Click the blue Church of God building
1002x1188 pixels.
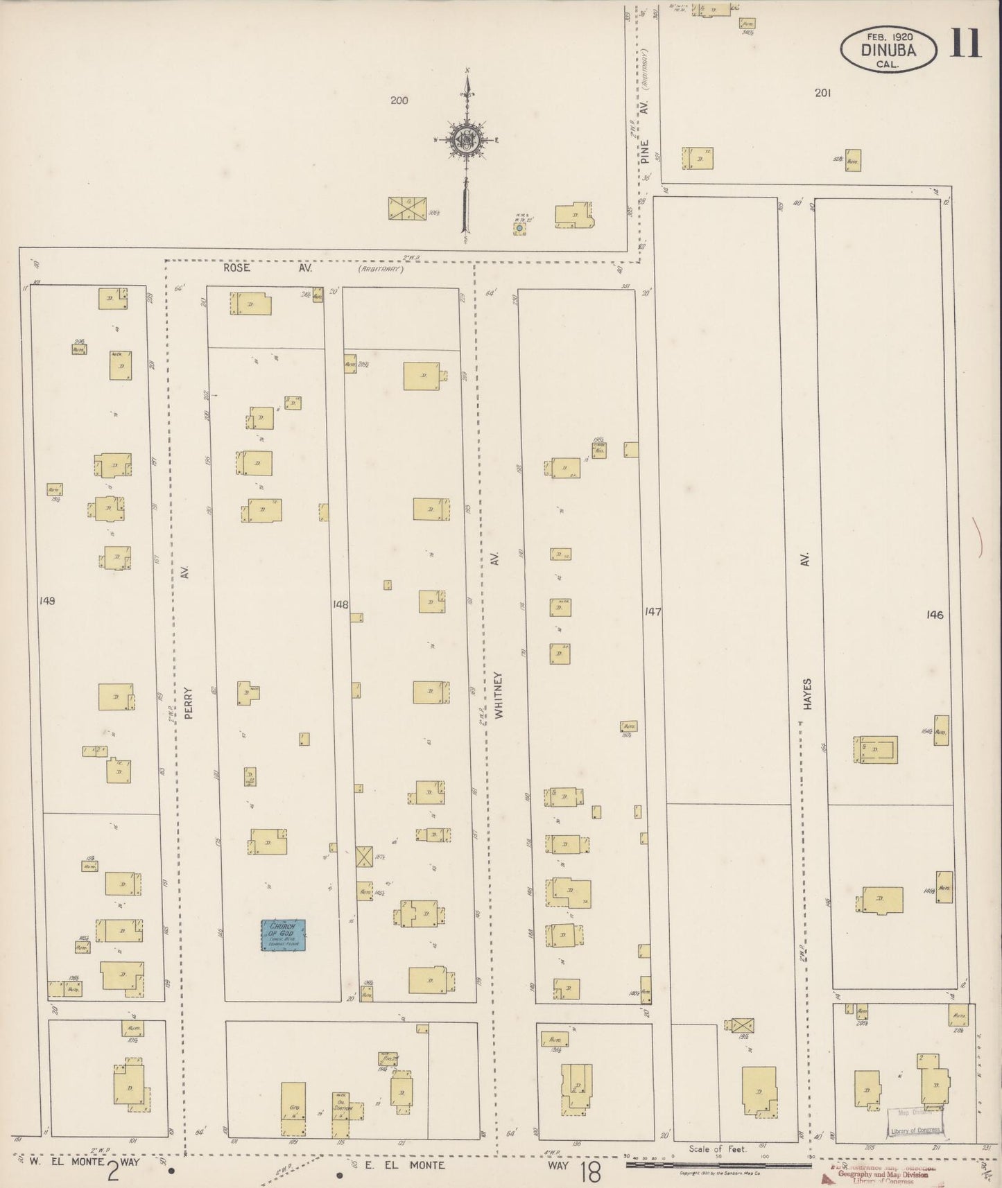click(283, 935)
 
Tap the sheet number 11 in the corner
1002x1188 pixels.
click(965, 44)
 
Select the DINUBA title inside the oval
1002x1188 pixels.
click(888, 50)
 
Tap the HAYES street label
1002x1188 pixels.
click(806, 694)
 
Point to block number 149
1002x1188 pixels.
click(46, 600)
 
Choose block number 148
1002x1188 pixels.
click(340, 604)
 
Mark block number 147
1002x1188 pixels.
click(653, 611)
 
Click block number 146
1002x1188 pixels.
click(934, 614)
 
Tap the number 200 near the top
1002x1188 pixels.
click(399, 101)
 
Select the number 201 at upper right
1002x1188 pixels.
click(822, 93)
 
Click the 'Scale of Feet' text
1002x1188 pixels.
click(718, 1148)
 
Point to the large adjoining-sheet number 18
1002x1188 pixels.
click(590, 1171)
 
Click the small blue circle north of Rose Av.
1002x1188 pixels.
click(519, 227)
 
